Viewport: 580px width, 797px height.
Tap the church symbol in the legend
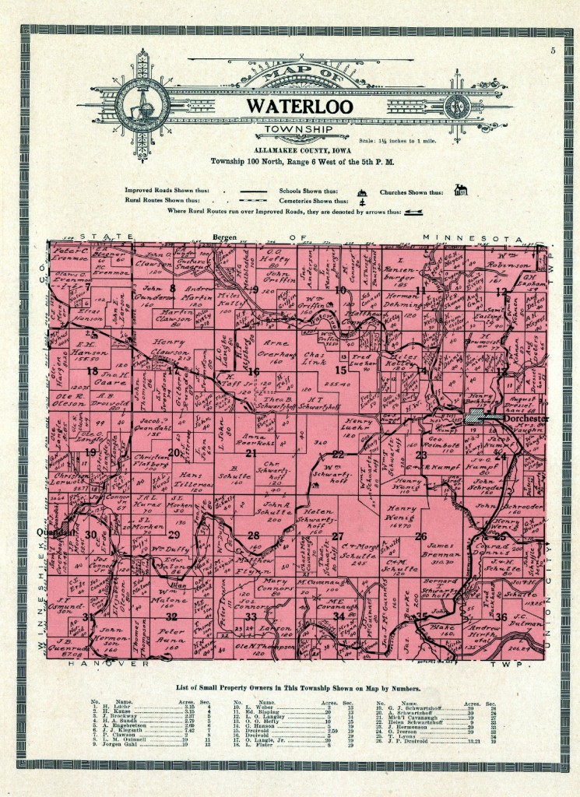pyautogui.click(x=461, y=191)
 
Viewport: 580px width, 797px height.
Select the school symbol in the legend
pyautogui.click(x=360, y=192)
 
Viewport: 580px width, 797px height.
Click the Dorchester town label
pyautogui.click(x=505, y=418)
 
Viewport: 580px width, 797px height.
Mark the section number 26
pyautogui.click(x=421, y=535)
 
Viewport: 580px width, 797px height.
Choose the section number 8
pyautogui.click(x=173, y=288)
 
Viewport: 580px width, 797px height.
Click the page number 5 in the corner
pyautogui.click(x=551, y=51)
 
